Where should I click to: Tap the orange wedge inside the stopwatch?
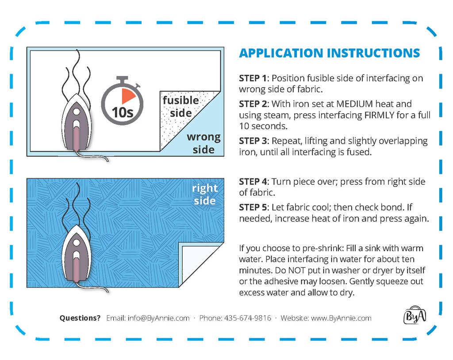[128, 96]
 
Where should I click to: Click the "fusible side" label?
[181, 106]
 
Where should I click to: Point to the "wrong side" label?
[203, 143]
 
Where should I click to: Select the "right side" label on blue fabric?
[204, 194]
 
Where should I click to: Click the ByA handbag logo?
[415, 315]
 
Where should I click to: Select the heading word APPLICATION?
[281, 53]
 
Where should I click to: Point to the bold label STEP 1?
[253, 78]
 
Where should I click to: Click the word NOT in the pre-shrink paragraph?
[297, 270]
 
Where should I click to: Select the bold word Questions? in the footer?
[80, 318]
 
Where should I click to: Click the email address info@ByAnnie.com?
[159, 318]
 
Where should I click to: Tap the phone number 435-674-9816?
[248, 318]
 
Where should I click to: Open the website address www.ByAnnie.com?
[341, 318]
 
